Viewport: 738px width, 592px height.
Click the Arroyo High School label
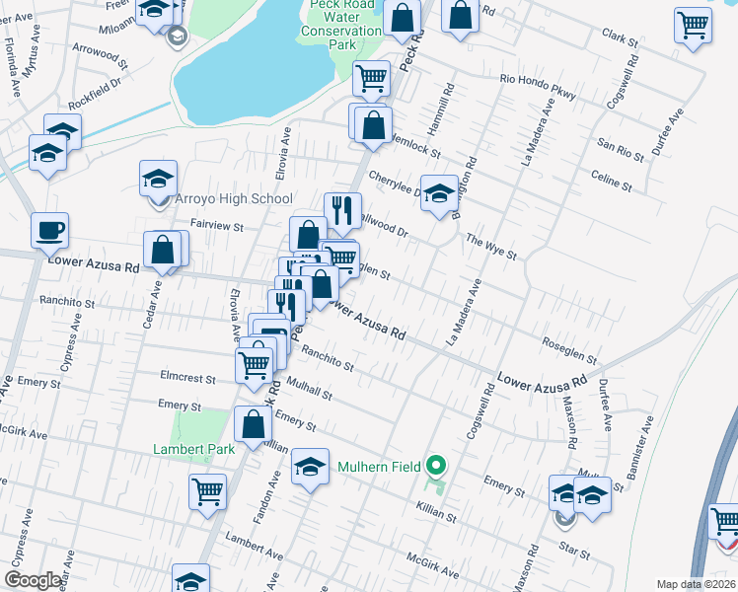pos(234,198)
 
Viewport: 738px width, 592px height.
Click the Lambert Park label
pos(193,448)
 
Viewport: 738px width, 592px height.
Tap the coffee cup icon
pos(49,232)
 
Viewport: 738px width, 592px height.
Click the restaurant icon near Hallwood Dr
pos(342,209)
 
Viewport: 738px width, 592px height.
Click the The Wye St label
pos(491,247)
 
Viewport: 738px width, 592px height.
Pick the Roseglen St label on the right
pos(570,348)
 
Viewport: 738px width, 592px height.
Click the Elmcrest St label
pos(187,377)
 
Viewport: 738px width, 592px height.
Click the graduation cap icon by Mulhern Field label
pos(310,465)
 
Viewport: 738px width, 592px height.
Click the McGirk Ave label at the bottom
pos(432,565)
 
